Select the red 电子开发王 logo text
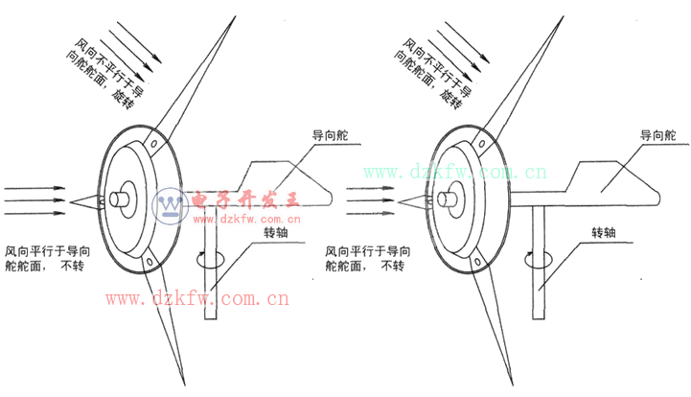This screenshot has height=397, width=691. [247, 199]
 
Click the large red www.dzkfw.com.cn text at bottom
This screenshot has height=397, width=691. [197, 299]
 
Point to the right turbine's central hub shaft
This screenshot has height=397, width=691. [448, 199]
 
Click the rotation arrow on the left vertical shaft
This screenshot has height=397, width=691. [209, 260]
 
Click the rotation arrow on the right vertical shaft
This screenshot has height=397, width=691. [535, 260]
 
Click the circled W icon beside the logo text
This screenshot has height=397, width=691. [171, 204]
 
